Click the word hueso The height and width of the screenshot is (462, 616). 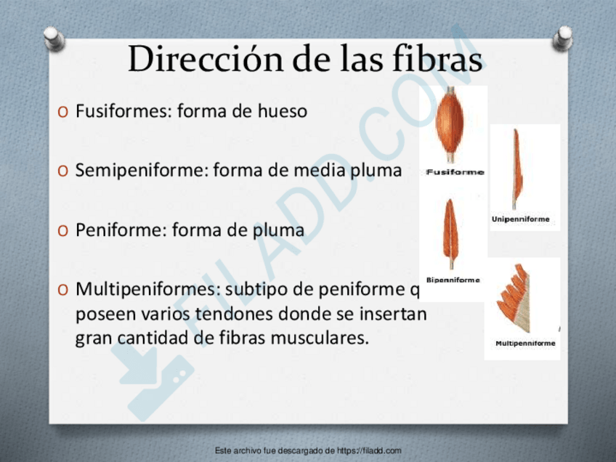tap(282, 112)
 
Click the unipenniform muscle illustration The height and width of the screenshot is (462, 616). tap(516, 169)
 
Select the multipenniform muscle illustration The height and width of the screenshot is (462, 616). tap(516, 297)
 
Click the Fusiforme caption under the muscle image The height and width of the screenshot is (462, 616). tap(455, 172)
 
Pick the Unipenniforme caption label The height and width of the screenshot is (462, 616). tap(521, 219)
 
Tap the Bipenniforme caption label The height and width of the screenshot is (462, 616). tap(453, 280)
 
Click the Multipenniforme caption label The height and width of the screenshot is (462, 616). tap(525, 343)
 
